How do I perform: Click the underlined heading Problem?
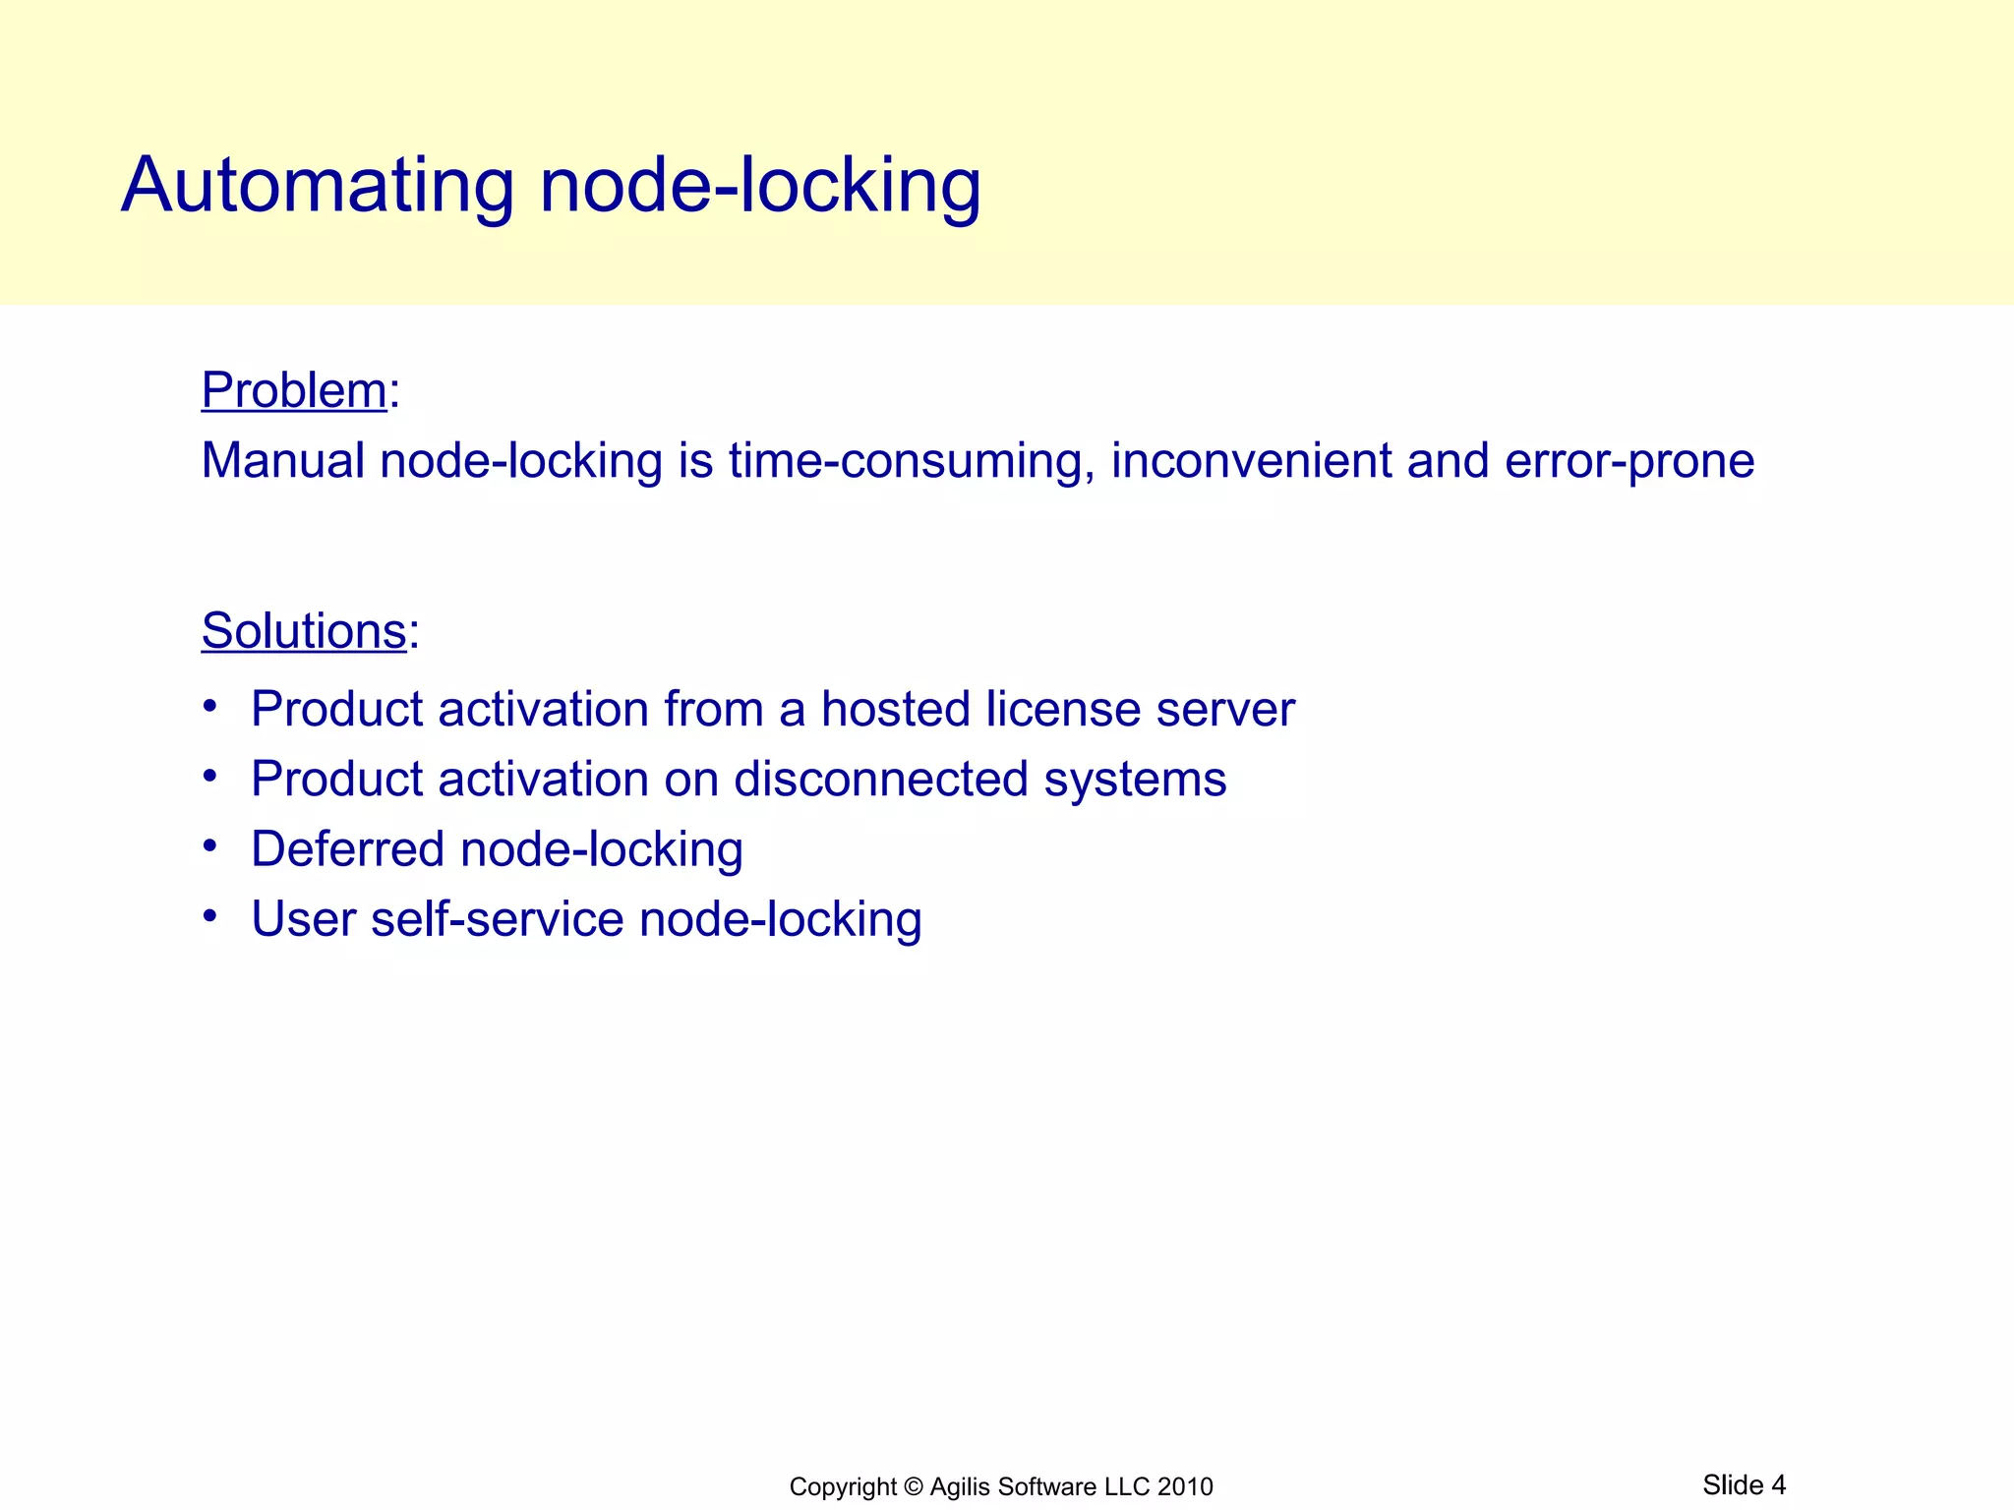click(294, 390)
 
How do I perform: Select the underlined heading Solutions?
click(304, 631)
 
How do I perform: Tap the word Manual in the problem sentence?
click(282, 461)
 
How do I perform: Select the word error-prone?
click(1629, 461)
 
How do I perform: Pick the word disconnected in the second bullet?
click(880, 780)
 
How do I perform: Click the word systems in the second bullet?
click(1135, 780)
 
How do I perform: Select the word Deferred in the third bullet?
click(346, 849)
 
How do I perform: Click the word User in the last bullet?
click(303, 919)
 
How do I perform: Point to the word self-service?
click(497, 919)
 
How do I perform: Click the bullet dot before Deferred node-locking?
click(209, 846)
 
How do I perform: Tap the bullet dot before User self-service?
click(209, 916)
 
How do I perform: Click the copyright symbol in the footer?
click(914, 1486)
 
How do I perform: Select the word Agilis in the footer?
click(960, 1486)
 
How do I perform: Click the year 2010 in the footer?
click(1185, 1486)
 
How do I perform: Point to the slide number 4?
click(1778, 1484)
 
